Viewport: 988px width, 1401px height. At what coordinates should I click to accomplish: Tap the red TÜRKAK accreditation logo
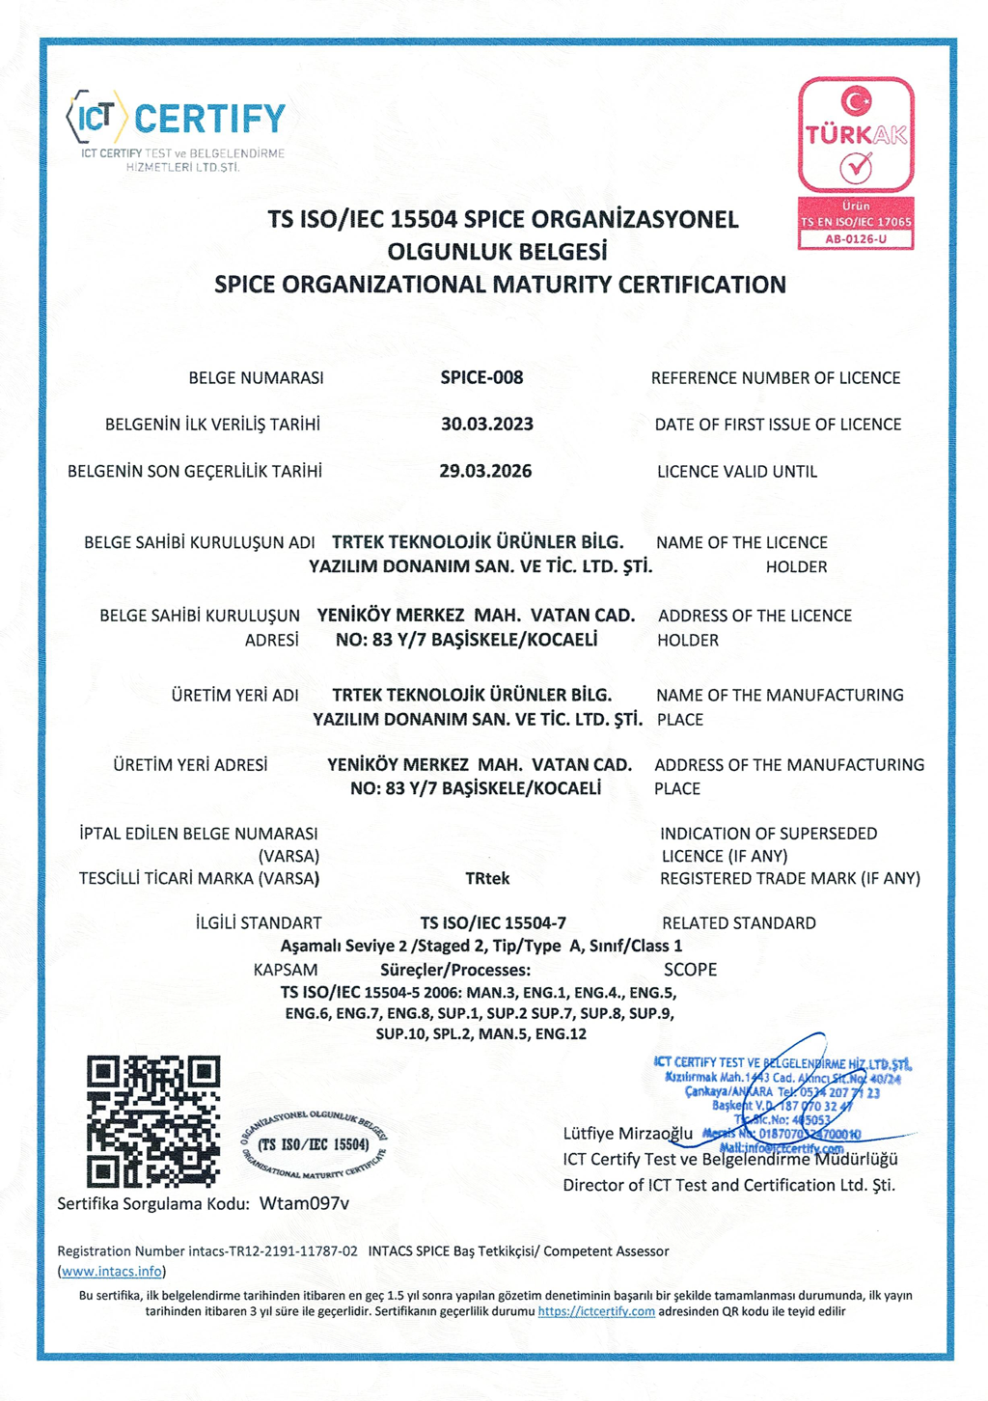point(856,135)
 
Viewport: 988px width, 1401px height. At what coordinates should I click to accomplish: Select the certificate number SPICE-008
point(481,377)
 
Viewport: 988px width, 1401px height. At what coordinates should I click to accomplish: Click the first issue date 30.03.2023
point(486,424)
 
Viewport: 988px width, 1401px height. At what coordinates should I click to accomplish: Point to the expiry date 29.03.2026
point(485,471)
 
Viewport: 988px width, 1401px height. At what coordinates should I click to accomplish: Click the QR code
point(153,1120)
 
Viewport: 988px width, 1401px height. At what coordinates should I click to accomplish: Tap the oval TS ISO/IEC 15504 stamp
point(314,1144)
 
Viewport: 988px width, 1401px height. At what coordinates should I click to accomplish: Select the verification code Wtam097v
point(304,1203)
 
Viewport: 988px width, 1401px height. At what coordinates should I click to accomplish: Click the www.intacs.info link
point(112,1271)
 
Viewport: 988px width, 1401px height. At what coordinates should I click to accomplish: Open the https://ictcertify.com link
point(596,1311)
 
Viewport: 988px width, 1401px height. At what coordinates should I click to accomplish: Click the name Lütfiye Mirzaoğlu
point(628,1133)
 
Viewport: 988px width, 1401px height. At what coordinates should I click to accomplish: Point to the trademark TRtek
point(487,878)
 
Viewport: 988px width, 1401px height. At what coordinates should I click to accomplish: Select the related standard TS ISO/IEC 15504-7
point(493,922)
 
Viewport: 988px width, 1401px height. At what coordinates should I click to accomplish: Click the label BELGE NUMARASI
point(256,378)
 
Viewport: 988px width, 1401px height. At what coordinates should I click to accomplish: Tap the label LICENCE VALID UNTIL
point(737,472)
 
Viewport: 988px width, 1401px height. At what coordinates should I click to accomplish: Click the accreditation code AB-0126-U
point(856,238)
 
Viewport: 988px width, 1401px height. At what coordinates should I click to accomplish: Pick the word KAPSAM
point(285,969)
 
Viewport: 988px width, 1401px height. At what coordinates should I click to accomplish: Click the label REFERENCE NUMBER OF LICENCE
point(776,378)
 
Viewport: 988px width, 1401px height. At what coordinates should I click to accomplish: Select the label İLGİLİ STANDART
point(259,923)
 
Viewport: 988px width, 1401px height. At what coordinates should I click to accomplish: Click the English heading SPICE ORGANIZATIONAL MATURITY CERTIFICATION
point(500,285)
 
